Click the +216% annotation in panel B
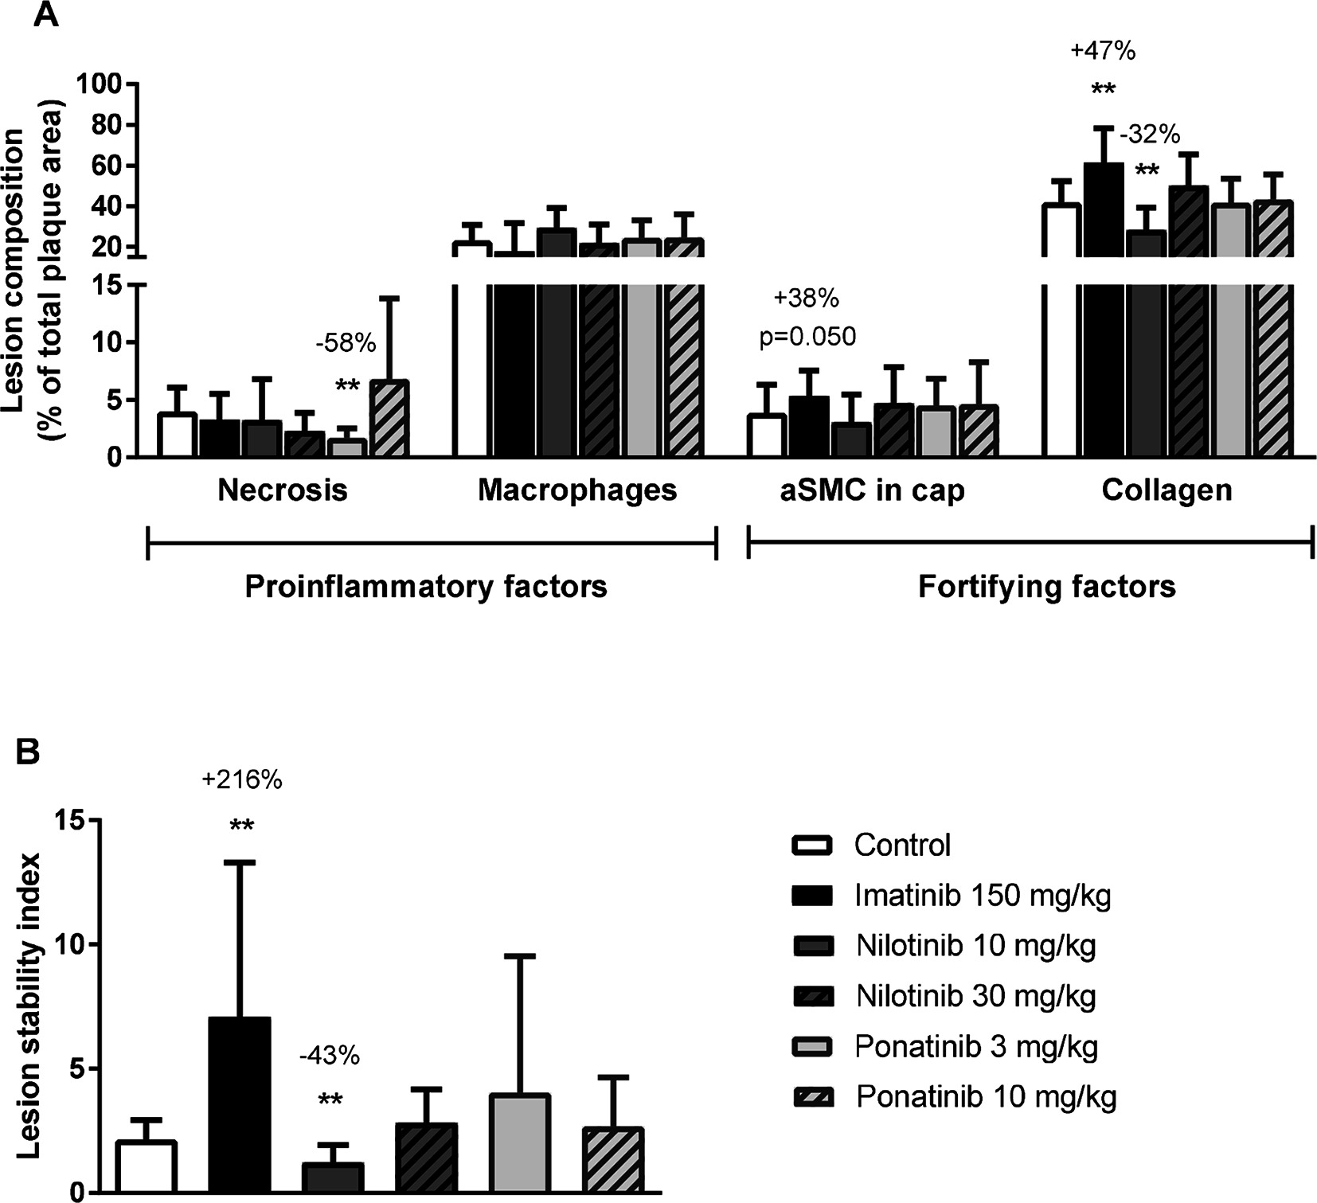pos(242,780)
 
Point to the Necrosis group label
pos(283,490)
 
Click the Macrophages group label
pos(577,490)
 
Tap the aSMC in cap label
pos(872,490)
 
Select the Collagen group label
pos(1167,490)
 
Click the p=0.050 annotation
pos(807,337)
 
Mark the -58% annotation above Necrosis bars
pos(346,344)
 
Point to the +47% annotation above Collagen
pos(1103,51)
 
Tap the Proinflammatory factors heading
pos(426,587)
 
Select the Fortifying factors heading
pos(1047,587)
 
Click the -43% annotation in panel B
pos(330,1057)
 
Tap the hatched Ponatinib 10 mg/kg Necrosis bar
pos(389,419)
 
